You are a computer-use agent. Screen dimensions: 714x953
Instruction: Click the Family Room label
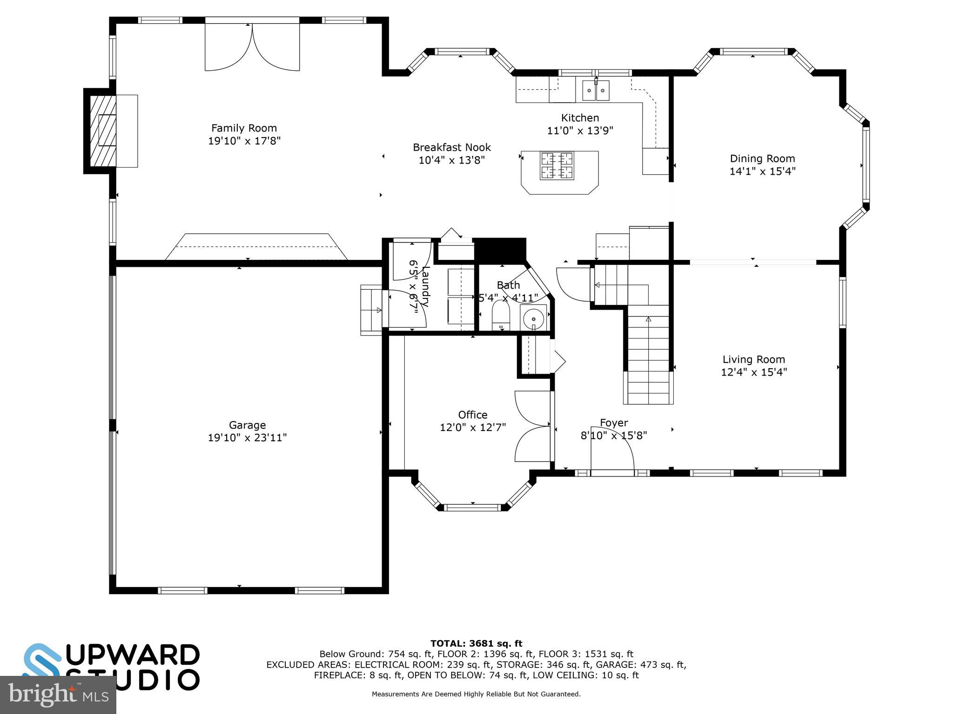[244, 128]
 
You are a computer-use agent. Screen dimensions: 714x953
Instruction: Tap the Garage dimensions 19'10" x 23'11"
[247, 437]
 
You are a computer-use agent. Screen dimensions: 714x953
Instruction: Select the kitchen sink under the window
[596, 90]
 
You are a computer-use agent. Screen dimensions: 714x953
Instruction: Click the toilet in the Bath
[501, 315]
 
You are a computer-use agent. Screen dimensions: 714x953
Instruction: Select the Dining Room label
[762, 159]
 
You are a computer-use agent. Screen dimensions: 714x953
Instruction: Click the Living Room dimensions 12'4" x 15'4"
[754, 372]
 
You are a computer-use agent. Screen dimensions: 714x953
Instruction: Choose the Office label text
[473, 415]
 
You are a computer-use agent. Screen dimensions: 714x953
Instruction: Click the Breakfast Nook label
[452, 147]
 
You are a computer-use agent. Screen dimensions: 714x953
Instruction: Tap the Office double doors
[533, 426]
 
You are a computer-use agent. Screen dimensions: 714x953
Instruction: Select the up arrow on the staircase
[648, 319]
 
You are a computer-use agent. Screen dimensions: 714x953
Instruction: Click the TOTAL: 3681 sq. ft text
[476, 643]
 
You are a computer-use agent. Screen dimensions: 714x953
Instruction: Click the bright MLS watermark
[58, 694]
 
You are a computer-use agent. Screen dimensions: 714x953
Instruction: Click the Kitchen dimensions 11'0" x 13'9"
[580, 131]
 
